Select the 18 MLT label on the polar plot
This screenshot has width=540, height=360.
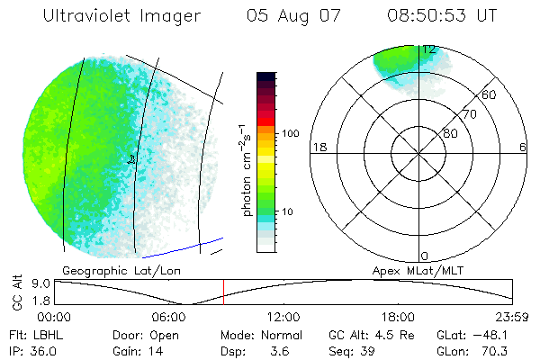tap(318, 148)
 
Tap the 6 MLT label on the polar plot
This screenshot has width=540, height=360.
tap(523, 148)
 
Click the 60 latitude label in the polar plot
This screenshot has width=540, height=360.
tap(490, 94)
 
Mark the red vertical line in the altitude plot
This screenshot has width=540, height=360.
tap(224, 292)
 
